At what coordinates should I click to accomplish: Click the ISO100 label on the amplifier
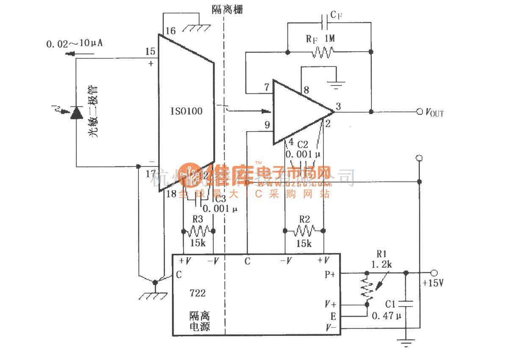click(x=186, y=112)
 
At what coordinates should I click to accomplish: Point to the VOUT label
click(x=434, y=113)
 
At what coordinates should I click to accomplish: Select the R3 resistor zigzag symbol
click(x=198, y=231)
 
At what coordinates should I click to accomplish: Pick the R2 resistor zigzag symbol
click(x=304, y=231)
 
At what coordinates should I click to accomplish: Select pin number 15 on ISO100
click(x=150, y=52)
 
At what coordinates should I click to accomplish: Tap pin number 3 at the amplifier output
click(x=338, y=107)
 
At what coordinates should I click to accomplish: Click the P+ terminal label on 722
click(x=329, y=274)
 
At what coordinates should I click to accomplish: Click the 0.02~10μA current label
click(x=76, y=44)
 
